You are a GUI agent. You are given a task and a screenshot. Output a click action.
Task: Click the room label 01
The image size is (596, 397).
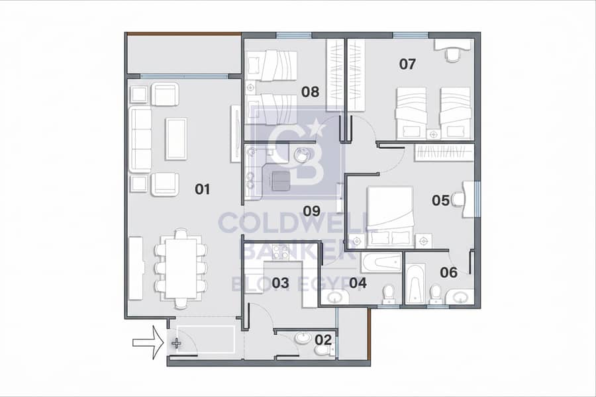(x=202, y=189)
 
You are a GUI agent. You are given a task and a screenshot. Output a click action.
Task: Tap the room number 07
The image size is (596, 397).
(x=407, y=64)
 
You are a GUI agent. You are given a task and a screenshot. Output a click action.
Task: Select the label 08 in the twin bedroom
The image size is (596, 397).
(x=310, y=91)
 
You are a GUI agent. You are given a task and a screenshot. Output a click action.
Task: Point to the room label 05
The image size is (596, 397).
(x=440, y=200)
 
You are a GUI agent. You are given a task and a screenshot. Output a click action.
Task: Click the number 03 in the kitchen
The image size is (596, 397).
(x=280, y=283)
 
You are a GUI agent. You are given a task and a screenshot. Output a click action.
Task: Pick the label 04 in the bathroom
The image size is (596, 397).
(x=358, y=283)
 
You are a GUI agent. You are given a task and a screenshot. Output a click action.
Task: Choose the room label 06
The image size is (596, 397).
(x=448, y=273)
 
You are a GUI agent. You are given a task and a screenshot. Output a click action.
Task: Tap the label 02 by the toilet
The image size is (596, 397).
(x=323, y=339)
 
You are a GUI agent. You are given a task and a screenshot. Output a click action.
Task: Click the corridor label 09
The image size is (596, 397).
(x=312, y=211)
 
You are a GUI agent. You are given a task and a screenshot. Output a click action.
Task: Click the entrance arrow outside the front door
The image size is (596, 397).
(x=148, y=343)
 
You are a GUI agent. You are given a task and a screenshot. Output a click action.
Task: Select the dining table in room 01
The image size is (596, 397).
(x=181, y=268)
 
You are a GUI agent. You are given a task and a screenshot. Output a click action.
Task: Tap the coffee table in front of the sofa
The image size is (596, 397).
(x=176, y=139)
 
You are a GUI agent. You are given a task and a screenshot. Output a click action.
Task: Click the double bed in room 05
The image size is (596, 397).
(x=390, y=216)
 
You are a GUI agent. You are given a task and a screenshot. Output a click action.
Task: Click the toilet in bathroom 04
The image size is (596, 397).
(x=389, y=295)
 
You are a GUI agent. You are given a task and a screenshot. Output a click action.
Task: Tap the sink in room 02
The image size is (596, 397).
(x=303, y=337)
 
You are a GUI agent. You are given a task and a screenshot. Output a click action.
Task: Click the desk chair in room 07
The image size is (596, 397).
(x=452, y=54)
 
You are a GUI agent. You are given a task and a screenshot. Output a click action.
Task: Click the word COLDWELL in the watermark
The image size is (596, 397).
(x=293, y=223)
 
